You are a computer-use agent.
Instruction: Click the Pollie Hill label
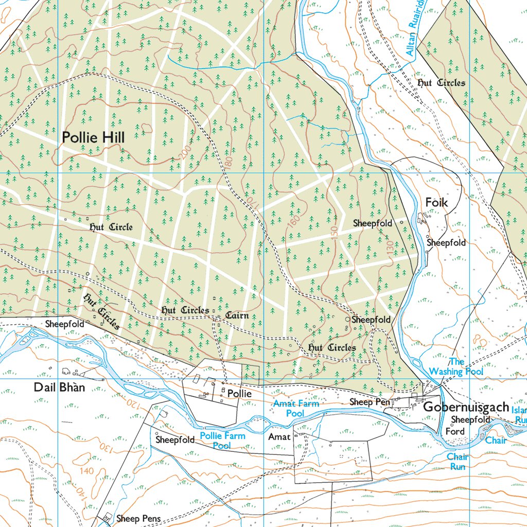[93, 137]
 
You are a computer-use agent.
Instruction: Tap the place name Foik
[436, 203]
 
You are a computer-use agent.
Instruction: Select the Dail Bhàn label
[59, 388]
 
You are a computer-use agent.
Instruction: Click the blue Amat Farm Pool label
[296, 408]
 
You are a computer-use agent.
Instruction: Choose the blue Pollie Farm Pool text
[222, 441]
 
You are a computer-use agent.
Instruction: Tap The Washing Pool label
[456, 366]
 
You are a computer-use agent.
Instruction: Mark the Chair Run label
[457, 462]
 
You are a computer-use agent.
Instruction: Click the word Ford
[455, 431]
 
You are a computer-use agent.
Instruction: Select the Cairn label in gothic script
[237, 315]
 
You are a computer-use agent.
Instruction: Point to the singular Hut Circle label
[111, 227]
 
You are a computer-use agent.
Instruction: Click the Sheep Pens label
[138, 518]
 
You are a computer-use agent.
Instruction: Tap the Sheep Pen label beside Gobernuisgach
[370, 401]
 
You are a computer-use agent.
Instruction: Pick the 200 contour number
[186, 152]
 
